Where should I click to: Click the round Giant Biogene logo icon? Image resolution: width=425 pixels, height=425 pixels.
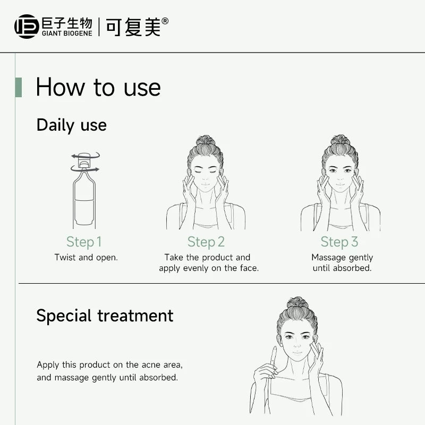pos(27,27)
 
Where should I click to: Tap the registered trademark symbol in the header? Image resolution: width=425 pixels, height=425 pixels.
pos(165,21)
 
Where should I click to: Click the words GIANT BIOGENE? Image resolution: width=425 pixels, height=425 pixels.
pos(67,33)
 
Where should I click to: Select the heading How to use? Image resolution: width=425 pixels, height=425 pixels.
pos(98,87)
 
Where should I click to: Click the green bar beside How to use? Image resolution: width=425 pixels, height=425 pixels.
pos(19,87)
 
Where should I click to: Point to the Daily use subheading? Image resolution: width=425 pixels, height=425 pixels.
pos(72,125)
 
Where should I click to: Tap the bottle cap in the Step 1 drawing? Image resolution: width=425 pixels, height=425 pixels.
pos(84,160)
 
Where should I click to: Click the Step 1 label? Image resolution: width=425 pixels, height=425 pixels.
pos(84,242)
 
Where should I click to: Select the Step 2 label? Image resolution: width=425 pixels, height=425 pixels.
pos(206,242)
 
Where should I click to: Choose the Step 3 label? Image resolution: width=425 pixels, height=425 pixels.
pos(339,242)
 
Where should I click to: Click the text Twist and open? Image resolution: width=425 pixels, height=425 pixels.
pos(86,257)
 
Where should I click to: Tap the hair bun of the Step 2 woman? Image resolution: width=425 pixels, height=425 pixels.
pos(206,140)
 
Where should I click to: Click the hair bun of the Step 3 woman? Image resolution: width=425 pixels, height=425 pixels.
pos(340,140)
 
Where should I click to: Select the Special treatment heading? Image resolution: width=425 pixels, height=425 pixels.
pos(105,316)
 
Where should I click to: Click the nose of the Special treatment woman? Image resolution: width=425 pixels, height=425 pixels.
pos(297,344)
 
